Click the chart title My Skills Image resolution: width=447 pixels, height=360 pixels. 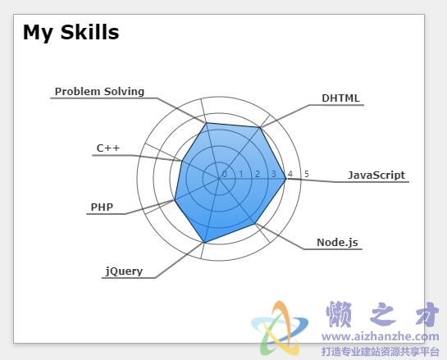point(71,33)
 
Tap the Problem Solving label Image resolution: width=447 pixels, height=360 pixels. point(99,92)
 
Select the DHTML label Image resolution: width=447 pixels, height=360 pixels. point(340,98)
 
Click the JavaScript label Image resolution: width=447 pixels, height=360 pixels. point(376,175)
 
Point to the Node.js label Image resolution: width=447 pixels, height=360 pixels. point(338,243)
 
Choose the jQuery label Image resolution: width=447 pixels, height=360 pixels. point(124,271)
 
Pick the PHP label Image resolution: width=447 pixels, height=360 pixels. point(102,207)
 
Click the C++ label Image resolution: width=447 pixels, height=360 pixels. point(108,148)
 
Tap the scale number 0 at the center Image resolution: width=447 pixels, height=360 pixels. point(225,174)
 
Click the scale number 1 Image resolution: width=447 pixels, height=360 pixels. point(241,174)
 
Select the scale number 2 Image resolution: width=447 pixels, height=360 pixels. point(258,174)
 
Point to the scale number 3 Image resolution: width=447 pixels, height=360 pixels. point(274,174)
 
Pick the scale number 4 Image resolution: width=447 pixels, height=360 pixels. point(290,174)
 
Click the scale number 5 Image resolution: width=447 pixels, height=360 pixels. point(307,174)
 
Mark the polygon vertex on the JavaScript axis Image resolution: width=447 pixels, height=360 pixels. point(285,179)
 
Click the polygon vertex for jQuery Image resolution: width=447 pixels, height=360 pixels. point(204,243)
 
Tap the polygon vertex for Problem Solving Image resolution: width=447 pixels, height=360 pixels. point(206,123)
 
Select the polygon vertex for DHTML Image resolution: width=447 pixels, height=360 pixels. point(260,128)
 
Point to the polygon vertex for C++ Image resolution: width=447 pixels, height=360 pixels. point(181,161)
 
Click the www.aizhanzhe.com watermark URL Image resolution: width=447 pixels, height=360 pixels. point(381,336)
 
